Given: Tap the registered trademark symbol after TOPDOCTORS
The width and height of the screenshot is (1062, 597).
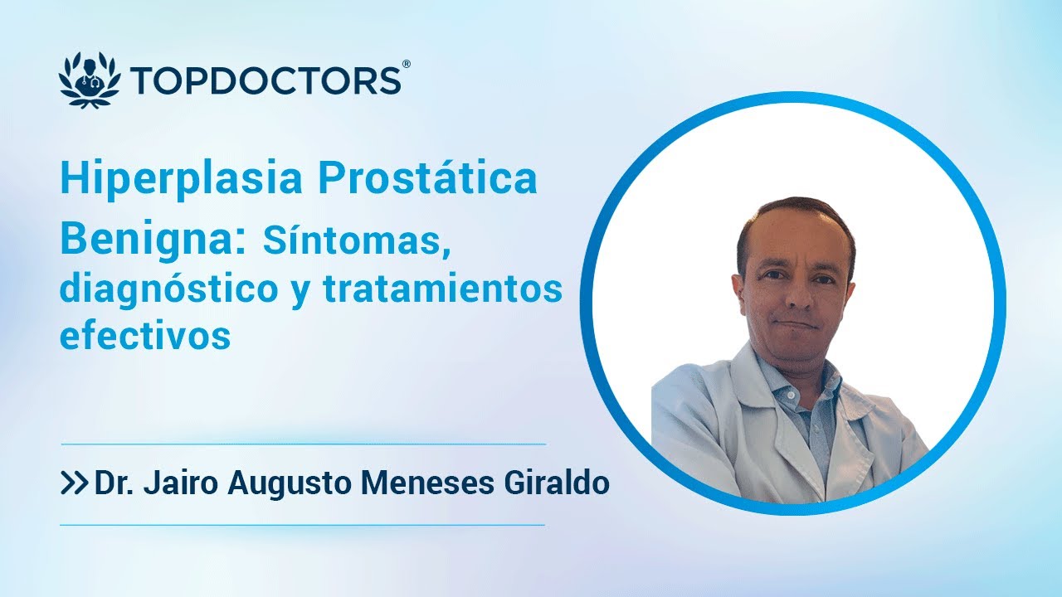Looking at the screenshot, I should click(405, 65).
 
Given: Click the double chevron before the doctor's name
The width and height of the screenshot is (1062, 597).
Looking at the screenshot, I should click(75, 484).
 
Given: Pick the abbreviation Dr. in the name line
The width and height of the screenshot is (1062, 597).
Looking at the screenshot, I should click(114, 483).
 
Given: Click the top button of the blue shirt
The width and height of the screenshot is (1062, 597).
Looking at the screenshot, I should click(790, 395).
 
